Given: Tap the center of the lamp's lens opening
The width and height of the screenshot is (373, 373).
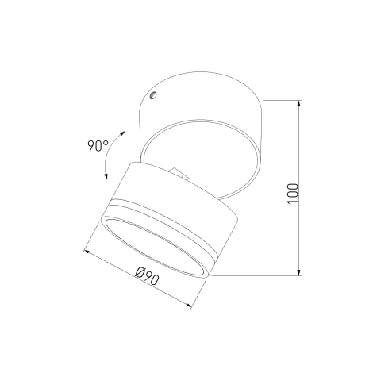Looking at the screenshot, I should coord(158,245).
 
